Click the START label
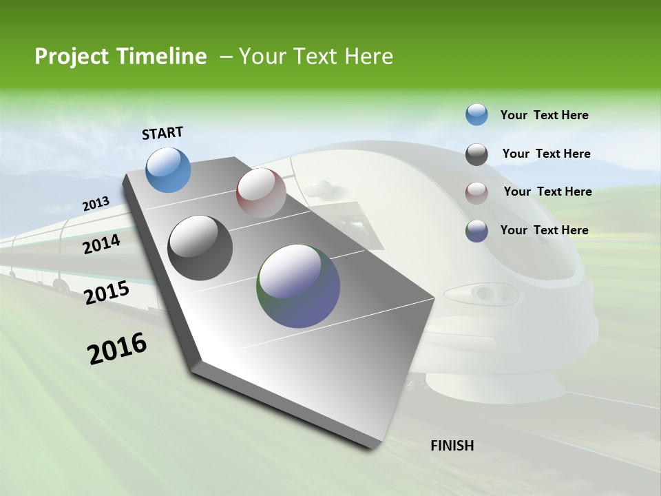[162, 133]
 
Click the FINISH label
[452, 446]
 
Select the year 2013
[96, 203]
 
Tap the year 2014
[101, 244]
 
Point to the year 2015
[107, 292]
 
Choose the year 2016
[117, 349]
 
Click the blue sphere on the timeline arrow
[168, 169]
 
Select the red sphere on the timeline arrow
[260, 193]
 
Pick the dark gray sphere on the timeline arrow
[200, 248]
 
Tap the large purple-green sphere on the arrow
[298, 286]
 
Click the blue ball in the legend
[476, 115]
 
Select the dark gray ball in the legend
[476, 154]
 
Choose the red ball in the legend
[476, 192]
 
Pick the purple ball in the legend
[476, 231]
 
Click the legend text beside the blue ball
[544, 116]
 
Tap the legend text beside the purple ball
[544, 230]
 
